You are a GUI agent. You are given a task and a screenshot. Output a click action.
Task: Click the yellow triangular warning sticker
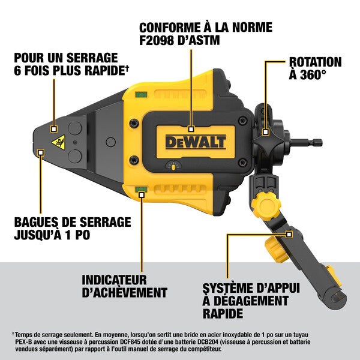(58, 142)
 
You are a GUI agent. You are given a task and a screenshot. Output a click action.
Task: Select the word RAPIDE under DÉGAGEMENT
(223, 313)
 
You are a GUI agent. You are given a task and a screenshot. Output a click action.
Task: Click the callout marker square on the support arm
(289, 234)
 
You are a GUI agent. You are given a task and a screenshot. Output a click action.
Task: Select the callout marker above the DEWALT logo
(191, 128)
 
